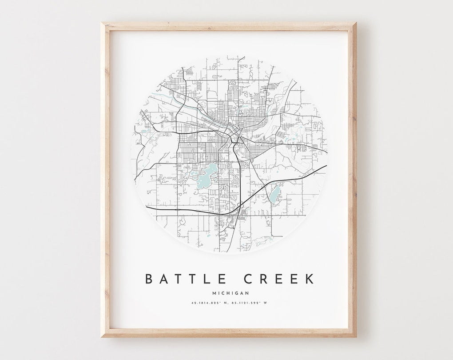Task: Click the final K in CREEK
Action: pyautogui.click(x=309, y=279)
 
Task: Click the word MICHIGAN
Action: pyautogui.click(x=230, y=292)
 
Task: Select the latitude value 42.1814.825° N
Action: pyautogui.click(x=207, y=304)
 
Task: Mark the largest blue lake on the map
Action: pyautogui.click(x=207, y=175)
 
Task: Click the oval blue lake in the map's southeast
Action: pyautogui.click(x=275, y=193)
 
